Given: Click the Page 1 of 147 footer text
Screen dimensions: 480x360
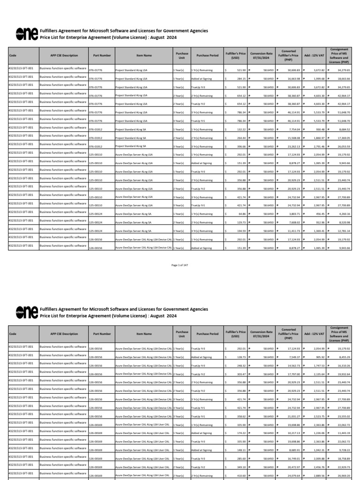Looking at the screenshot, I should point(180,265).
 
